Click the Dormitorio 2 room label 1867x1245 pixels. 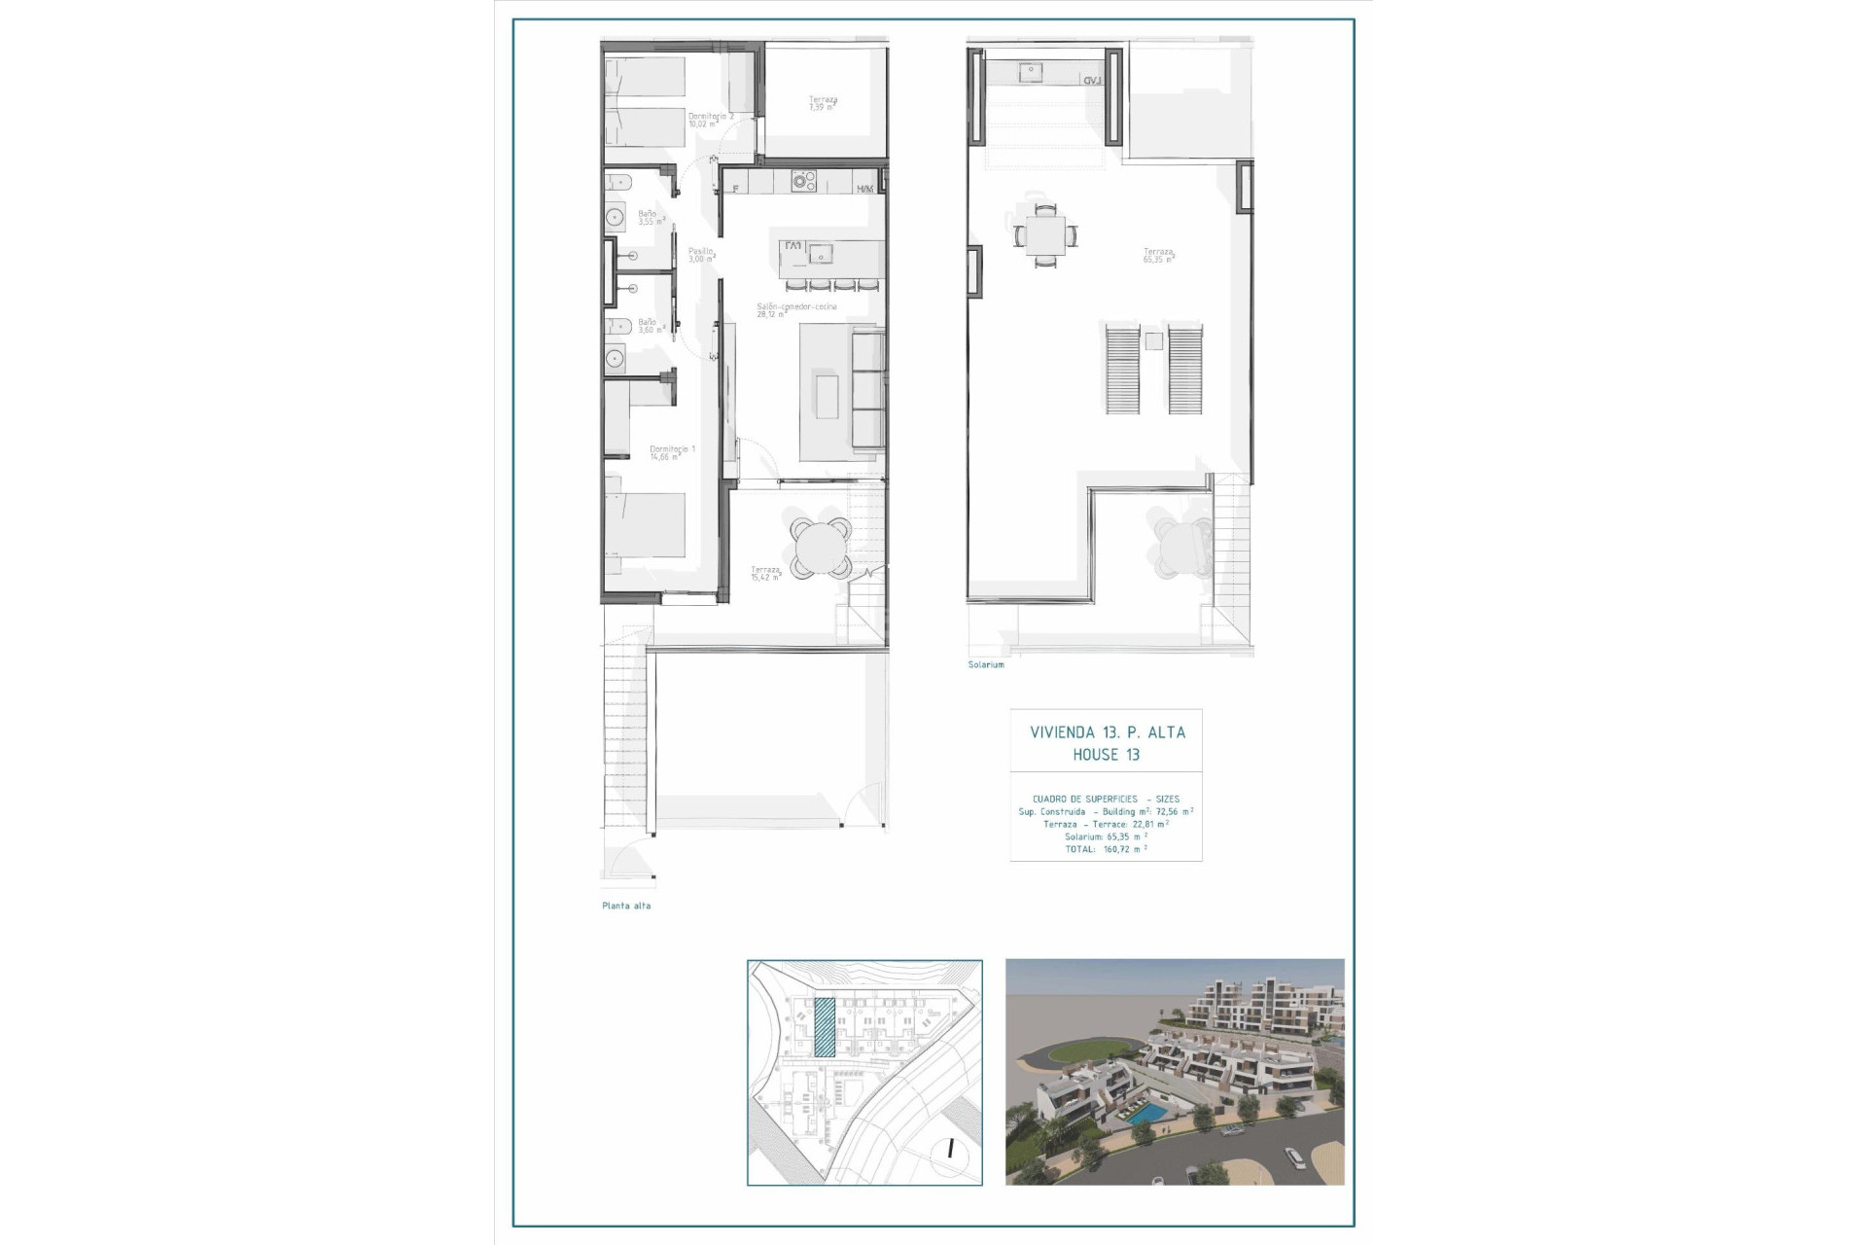tap(710, 120)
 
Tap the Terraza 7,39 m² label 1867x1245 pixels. tap(823, 103)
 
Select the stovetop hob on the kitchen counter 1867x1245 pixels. tap(803, 181)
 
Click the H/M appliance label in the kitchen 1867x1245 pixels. tap(864, 189)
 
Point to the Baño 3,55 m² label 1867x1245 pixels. tap(649, 218)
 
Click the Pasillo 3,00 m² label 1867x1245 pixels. tap(700, 255)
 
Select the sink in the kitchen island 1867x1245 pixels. tap(823, 254)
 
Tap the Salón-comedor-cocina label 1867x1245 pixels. tap(796, 310)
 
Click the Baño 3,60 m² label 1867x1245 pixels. tap(649, 326)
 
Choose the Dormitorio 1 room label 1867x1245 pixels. tap(672, 452)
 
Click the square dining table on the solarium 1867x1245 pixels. tap(1045, 234)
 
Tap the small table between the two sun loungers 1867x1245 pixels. tap(1153, 341)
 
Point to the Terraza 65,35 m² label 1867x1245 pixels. tap(1158, 256)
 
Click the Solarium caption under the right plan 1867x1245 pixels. tap(986, 664)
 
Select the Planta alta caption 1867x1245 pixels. tap(626, 906)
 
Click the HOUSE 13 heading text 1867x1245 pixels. tap(1106, 755)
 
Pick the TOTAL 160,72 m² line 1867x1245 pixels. tap(1106, 849)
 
